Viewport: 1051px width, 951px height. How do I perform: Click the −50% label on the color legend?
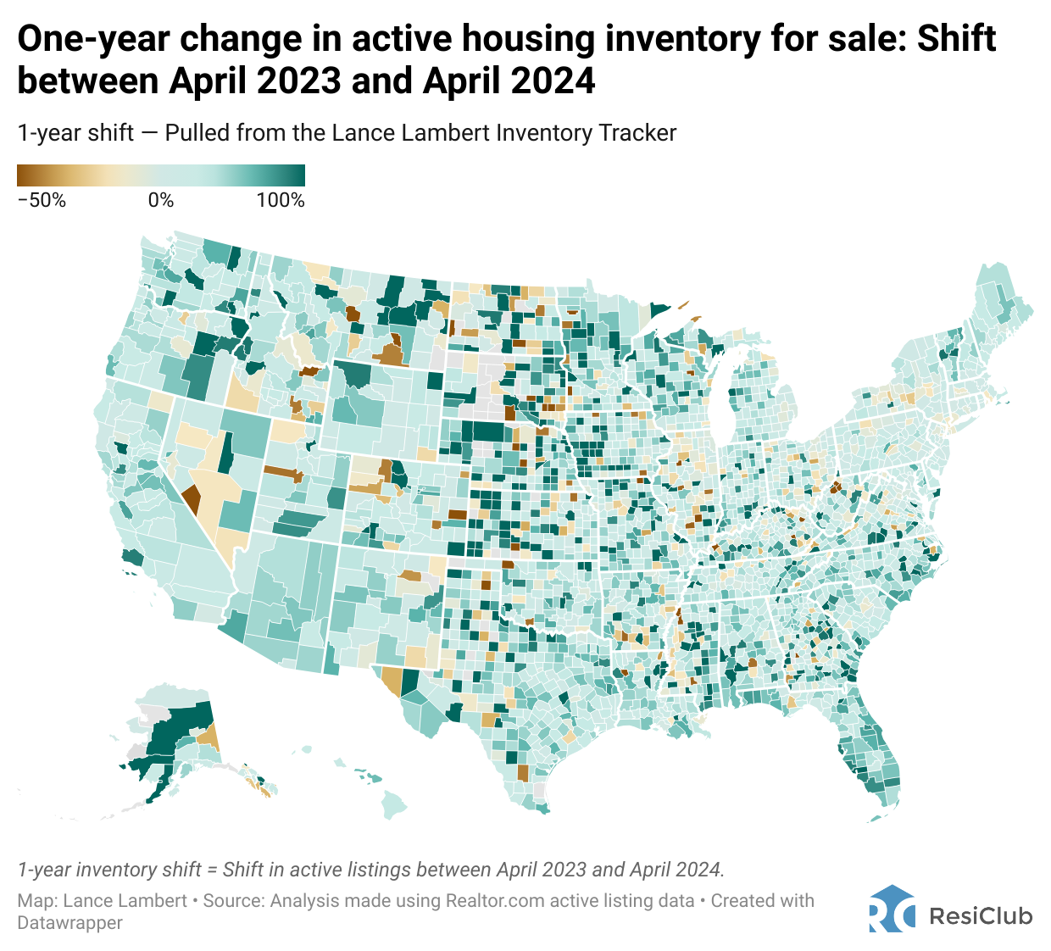(x=42, y=201)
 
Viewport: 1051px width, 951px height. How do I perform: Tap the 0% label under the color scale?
(x=161, y=201)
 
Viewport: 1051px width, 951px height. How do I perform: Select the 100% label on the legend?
(x=281, y=201)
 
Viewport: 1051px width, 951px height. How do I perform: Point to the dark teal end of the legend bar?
(x=298, y=175)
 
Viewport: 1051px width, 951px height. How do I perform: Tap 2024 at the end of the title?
(x=551, y=81)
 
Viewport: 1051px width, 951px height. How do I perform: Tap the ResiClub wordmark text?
(x=981, y=916)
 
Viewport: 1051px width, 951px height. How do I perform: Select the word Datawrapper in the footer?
(x=70, y=922)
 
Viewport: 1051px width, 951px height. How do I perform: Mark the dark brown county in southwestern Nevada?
(x=192, y=498)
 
